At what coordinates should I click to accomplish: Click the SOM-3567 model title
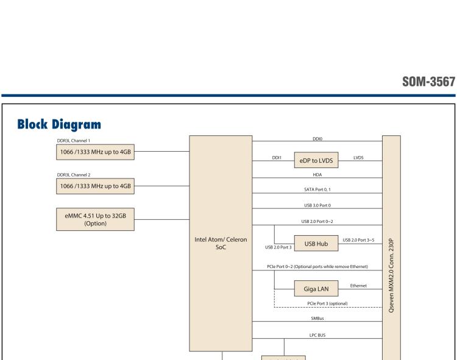tap(428, 82)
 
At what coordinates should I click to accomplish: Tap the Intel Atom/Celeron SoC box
tap(225, 244)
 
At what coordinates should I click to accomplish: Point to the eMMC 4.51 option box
tap(94, 219)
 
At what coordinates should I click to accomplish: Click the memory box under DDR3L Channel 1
tap(94, 153)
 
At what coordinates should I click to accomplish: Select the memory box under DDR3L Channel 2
tap(94, 186)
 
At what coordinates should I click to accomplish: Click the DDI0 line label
tap(317, 138)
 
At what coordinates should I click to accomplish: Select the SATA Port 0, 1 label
tap(317, 190)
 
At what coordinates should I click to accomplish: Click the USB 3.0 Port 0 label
tap(317, 205)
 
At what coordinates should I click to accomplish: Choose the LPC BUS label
tap(317, 334)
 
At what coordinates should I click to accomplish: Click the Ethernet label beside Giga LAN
tap(358, 285)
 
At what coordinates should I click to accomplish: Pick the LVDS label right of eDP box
tap(358, 157)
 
